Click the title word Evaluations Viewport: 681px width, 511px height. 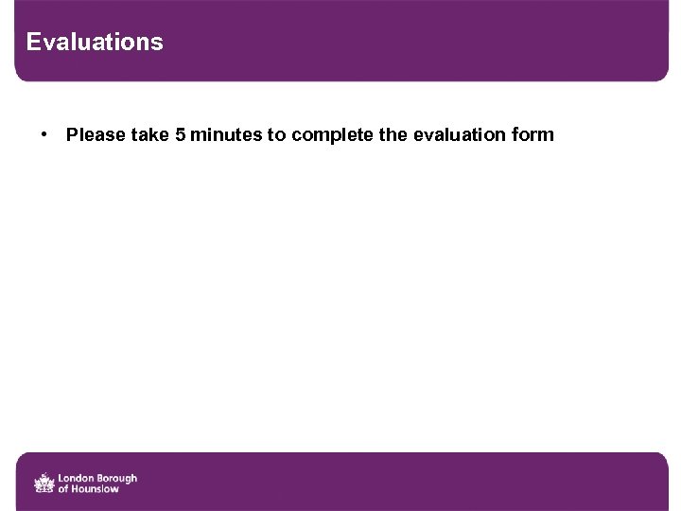(x=95, y=43)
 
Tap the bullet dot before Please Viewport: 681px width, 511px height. (x=44, y=133)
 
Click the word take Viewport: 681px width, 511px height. (x=150, y=134)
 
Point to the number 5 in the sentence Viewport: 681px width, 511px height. (x=180, y=134)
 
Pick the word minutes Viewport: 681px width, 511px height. (x=226, y=134)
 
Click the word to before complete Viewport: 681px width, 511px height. (x=276, y=134)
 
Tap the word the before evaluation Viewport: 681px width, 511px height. (x=393, y=134)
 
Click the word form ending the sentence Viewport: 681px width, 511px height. (x=533, y=134)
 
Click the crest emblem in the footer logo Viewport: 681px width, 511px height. (x=44, y=484)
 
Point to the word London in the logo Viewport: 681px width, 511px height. (x=75, y=478)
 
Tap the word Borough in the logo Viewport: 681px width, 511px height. (x=115, y=478)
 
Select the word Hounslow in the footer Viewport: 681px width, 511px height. (x=95, y=489)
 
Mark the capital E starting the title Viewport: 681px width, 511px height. (x=33, y=43)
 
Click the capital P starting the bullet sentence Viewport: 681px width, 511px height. (x=71, y=134)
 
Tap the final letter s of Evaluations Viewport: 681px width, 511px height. (x=158, y=43)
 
